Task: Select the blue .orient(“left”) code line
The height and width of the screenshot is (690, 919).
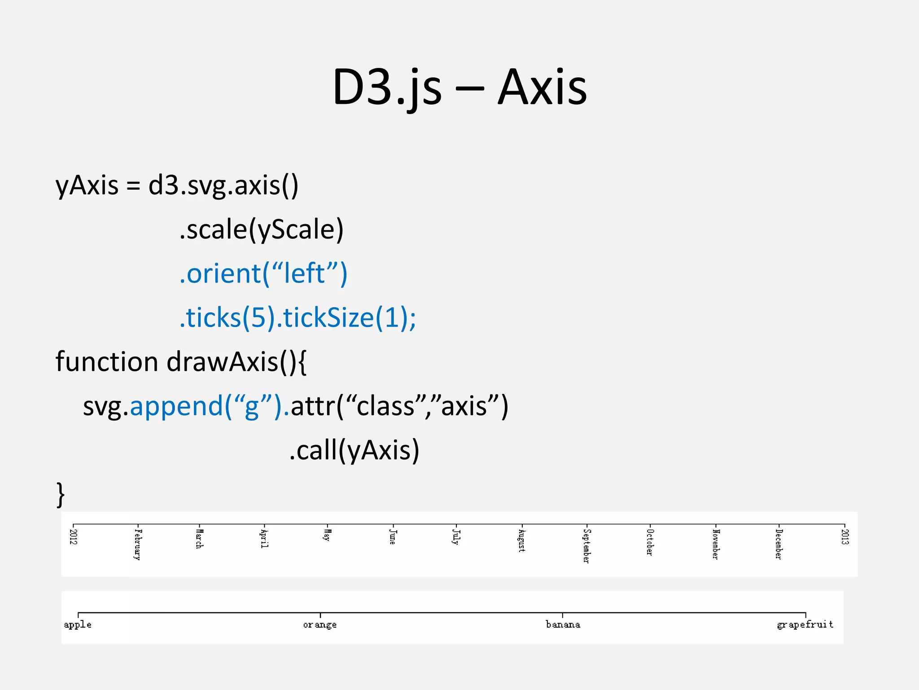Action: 263,274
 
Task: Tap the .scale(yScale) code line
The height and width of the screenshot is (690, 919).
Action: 261,230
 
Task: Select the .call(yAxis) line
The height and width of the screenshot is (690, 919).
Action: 354,450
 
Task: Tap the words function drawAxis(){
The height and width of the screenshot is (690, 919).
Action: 181,362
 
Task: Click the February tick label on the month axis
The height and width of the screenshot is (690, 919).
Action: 137,544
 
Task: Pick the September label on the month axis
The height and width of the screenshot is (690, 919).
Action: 586,546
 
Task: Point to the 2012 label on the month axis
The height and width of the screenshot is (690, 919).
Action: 74,537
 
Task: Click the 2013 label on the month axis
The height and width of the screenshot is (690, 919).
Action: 845,537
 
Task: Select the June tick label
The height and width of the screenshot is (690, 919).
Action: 392,537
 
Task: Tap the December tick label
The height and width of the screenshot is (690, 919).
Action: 779,544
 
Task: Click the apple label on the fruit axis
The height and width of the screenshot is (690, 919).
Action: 78,625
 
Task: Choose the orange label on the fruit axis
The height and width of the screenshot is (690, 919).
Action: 319,625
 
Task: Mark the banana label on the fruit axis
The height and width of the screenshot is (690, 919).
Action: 563,624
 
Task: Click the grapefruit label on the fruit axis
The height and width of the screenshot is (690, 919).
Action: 805,625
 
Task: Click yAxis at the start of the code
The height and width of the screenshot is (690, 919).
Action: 87,186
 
